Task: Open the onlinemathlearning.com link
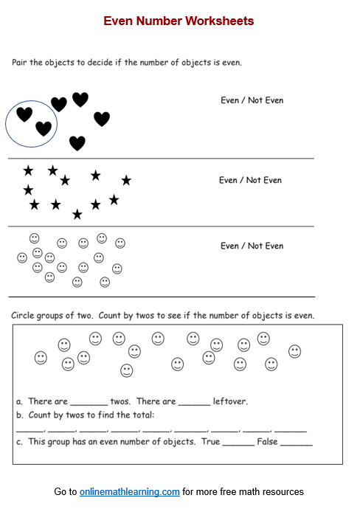(130, 491)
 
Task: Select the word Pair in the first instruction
(21, 63)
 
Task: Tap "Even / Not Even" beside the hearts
(252, 100)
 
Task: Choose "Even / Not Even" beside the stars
(250, 180)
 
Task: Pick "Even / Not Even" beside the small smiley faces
(252, 246)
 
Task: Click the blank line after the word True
(238, 443)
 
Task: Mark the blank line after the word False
(296, 443)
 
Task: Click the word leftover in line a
(230, 402)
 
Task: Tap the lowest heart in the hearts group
(77, 142)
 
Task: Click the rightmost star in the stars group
(126, 180)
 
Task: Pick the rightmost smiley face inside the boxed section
(295, 351)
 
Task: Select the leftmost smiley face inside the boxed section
(41, 358)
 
